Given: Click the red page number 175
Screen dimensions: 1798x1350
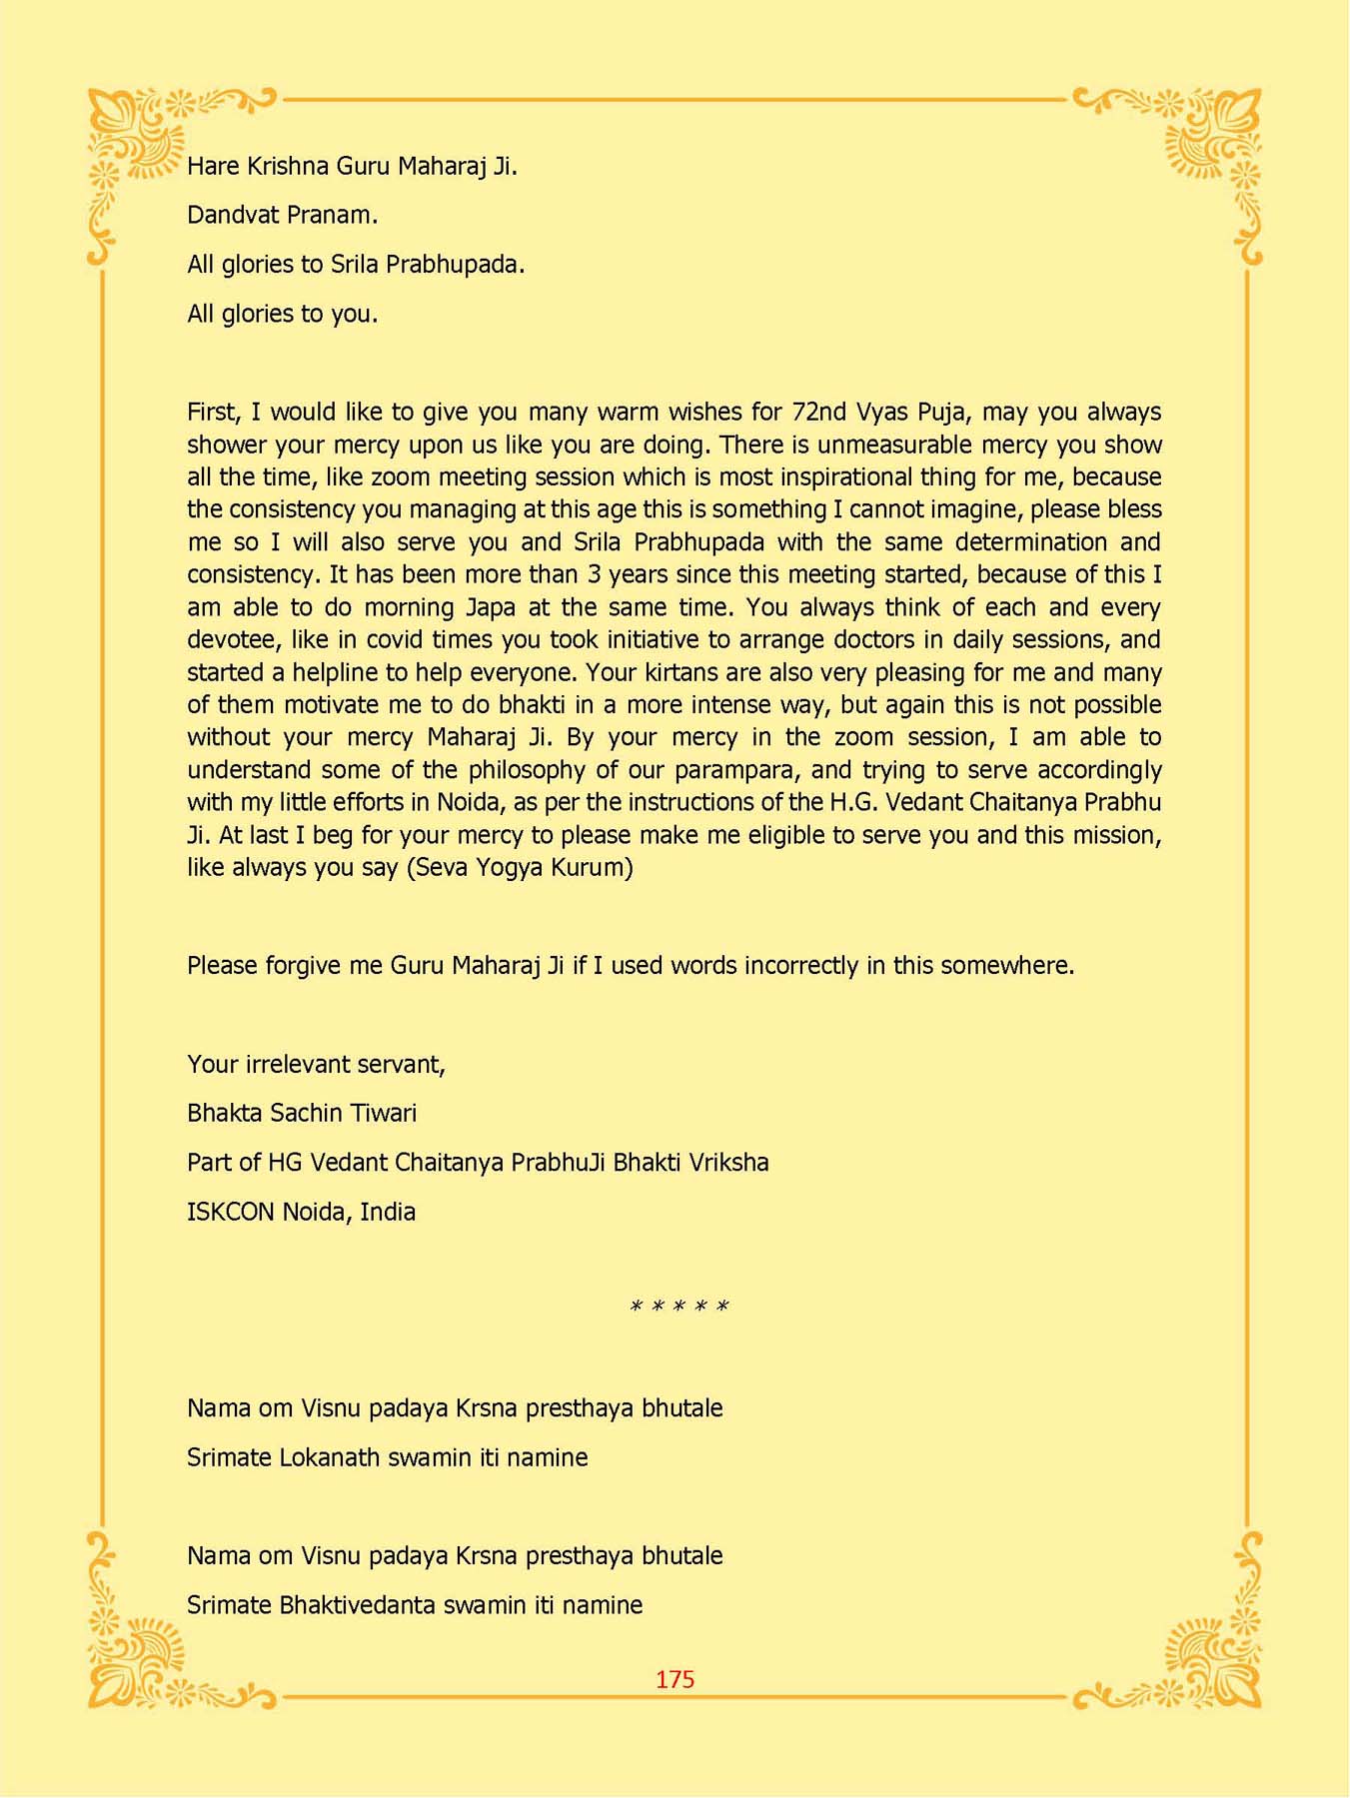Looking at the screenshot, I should click(x=675, y=1680).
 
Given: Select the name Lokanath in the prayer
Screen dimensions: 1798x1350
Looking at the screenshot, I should click(x=330, y=1457).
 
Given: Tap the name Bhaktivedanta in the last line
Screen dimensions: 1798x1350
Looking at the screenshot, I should click(x=357, y=1605).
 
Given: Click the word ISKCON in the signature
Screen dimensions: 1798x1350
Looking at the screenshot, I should click(x=230, y=1212).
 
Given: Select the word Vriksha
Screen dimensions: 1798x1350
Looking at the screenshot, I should click(x=729, y=1163).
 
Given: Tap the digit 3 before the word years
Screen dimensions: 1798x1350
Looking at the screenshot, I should click(x=595, y=574).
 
